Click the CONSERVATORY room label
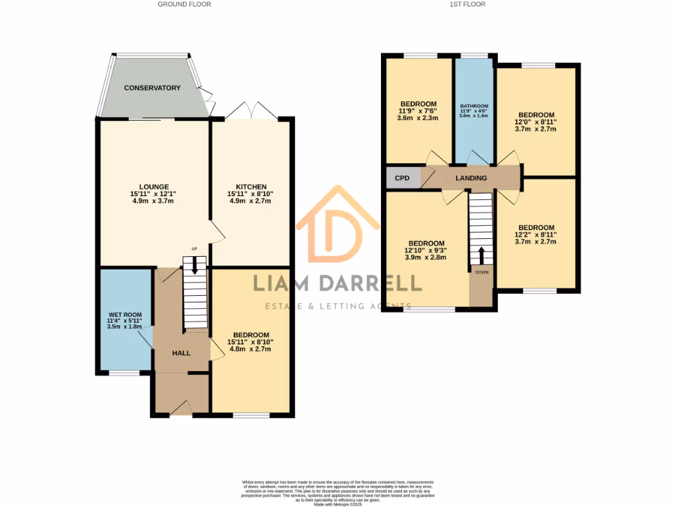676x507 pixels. tap(152, 88)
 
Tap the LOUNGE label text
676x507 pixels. tap(153, 187)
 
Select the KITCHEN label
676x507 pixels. tap(251, 187)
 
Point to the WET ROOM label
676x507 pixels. tap(125, 315)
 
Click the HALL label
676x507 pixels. tap(181, 353)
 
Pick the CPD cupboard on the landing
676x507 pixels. tap(402, 178)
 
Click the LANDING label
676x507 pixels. tap(471, 178)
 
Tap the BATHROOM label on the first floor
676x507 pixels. tap(473, 106)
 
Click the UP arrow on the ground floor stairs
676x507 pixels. tap(194, 265)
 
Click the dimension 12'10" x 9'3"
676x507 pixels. tap(426, 250)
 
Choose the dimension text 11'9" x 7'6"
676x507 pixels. tap(419, 111)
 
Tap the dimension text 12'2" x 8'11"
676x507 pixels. tap(536, 234)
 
